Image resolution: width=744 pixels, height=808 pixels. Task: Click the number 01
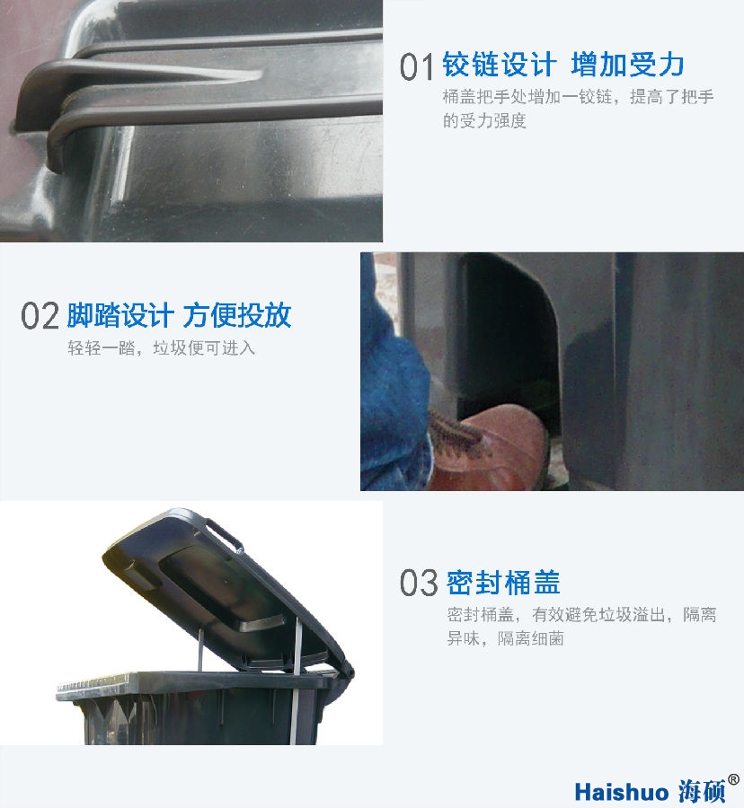(x=417, y=66)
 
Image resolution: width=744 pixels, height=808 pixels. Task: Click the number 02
(x=40, y=316)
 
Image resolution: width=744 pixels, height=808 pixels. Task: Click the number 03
(x=419, y=583)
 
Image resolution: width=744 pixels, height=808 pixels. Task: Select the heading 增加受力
(x=627, y=65)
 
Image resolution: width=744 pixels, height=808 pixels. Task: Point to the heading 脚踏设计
(x=120, y=315)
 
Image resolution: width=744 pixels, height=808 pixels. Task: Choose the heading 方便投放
(x=237, y=315)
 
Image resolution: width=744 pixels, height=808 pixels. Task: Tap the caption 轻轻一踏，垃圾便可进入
(x=161, y=347)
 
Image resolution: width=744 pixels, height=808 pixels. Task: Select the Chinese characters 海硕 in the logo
(x=700, y=791)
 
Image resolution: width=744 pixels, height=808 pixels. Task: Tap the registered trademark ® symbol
(x=734, y=779)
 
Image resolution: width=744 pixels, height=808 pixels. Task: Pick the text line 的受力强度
(x=484, y=120)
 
